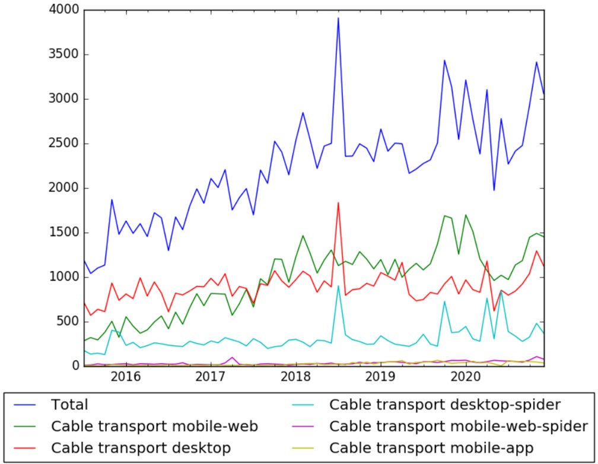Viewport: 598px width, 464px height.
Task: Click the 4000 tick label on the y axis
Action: [x=62, y=10]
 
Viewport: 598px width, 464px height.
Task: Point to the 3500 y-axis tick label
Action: [x=62, y=55]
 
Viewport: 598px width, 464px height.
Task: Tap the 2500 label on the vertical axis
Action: [x=62, y=144]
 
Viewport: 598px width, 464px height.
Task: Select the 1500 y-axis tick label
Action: [x=62, y=233]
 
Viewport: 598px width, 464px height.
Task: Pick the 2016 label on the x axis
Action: [x=125, y=377]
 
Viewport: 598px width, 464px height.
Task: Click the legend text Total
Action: [x=69, y=405]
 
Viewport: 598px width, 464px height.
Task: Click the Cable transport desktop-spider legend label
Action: [x=444, y=405]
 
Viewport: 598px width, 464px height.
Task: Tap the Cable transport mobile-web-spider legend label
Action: [x=458, y=425]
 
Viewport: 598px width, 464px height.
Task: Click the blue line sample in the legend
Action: [x=27, y=405]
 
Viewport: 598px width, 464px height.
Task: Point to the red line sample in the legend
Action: [x=27, y=447]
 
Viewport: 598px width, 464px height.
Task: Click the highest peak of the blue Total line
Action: [x=338, y=18]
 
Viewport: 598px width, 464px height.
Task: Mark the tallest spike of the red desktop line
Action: [x=338, y=203]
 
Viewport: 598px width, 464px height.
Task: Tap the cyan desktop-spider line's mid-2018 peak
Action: [x=338, y=286]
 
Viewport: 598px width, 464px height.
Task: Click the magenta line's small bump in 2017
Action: [x=232, y=357]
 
